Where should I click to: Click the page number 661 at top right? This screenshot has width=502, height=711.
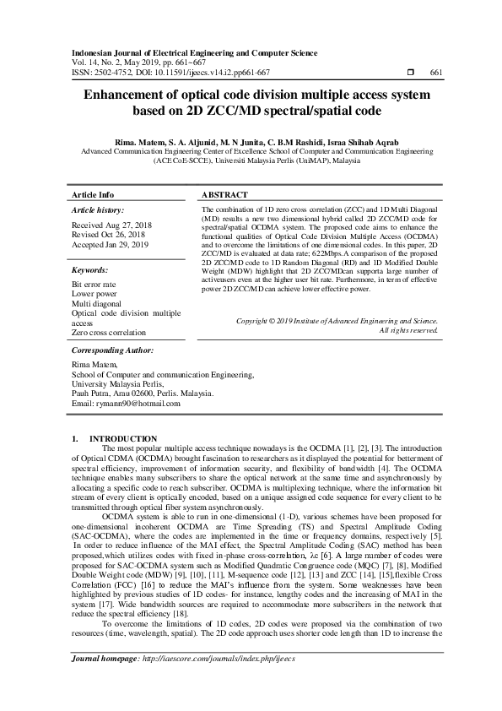[436, 73]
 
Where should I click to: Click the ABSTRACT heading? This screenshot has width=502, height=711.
[224, 193]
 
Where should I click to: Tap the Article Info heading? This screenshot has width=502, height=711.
[93, 193]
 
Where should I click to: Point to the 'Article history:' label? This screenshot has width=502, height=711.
[98, 209]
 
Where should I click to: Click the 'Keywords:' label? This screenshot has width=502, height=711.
[90, 269]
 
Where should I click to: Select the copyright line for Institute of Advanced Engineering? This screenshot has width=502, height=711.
[337, 321]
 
